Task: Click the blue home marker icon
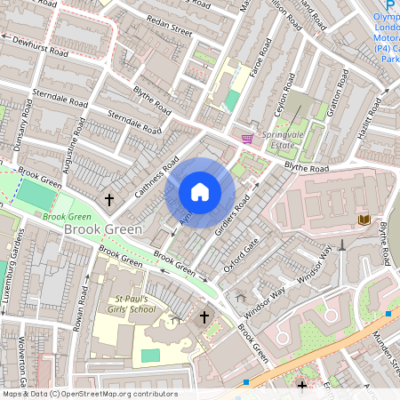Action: coord(200,192)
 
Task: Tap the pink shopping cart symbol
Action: coord(247,138)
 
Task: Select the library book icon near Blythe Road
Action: coord(364,219)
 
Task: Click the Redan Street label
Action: coord(169,31)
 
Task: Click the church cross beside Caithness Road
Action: coord(109,201)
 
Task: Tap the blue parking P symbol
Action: coord(388,5)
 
